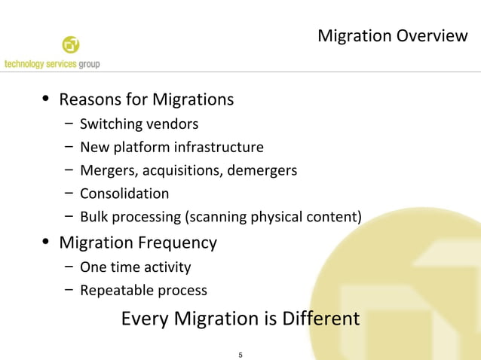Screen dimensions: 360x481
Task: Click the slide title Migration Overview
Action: click(x=392, y=35)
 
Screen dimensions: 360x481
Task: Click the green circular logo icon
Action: click(x=70, y=44)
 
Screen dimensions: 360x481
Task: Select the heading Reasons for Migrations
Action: click(x=146, y=99)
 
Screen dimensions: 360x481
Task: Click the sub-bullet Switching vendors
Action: click(x=139, y=124)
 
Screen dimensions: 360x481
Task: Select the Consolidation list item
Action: click(x=124, y=194)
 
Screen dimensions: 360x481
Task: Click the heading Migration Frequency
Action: click(x=138, y=243)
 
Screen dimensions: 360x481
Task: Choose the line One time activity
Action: click(x=135, y=267)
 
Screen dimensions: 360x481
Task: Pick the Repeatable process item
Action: click(x=143, y=290)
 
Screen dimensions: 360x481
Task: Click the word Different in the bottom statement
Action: click(x=320, y=319)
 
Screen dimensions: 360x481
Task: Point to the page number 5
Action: click(x=240, y=354)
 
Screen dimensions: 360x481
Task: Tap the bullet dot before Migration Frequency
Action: click(x=47, y=243)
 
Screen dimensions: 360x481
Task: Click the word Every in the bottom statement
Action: click(x=146, y=319)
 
